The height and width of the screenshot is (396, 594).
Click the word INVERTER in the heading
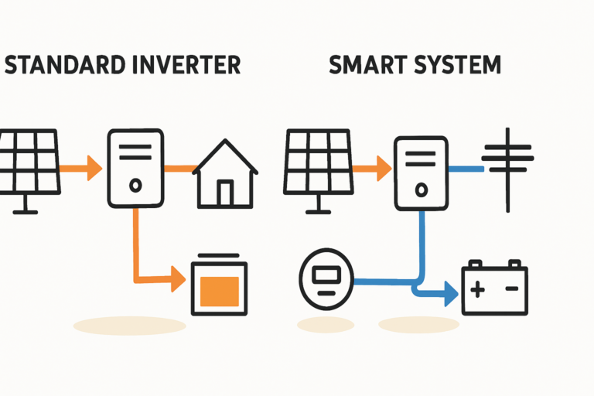tap(185, 64)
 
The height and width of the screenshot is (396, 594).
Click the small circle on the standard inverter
tap(135, 186)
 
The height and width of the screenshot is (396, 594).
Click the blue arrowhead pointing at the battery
tap(449, 293)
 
